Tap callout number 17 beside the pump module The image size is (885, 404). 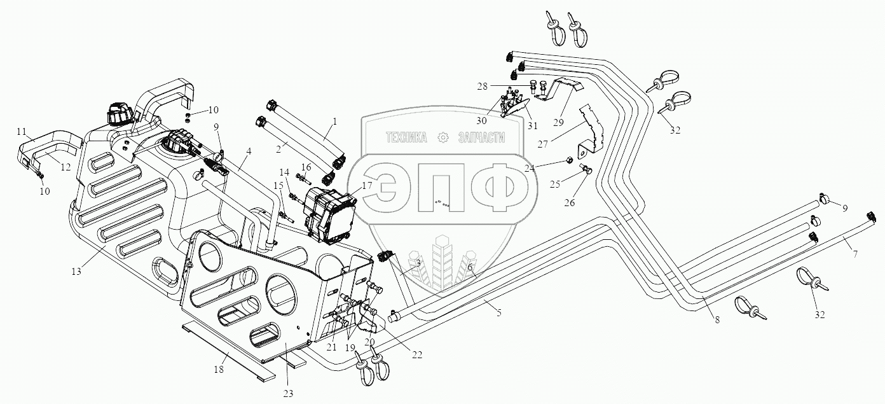tap(367, 186)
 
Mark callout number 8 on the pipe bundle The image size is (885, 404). tap(717, 320)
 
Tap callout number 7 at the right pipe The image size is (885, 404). tap(856, 254)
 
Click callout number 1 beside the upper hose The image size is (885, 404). tap(334, 121)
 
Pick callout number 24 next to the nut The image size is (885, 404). tap(528, 167)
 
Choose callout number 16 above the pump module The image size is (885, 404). tap(306, 167)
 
